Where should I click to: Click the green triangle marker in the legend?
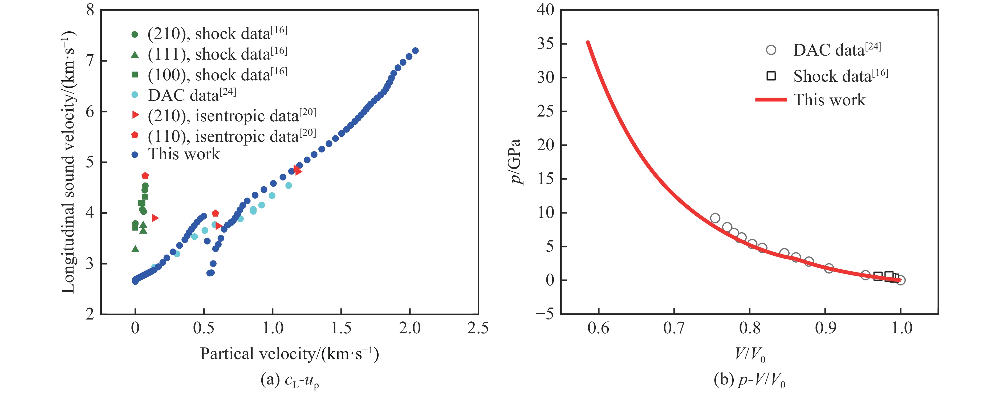[135, 55]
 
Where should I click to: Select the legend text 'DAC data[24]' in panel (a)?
[192, 95]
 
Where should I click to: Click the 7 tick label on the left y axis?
[90, 61]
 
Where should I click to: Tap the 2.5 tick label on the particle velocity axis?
[478, 328]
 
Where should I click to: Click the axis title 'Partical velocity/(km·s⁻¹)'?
[289, 354]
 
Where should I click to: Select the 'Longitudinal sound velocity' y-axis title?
[69, 162]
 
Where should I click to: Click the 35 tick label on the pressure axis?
[546, 43]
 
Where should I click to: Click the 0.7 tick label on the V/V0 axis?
[674, 328]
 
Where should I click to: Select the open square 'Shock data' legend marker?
[771, 76]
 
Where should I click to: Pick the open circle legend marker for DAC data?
[771, 50]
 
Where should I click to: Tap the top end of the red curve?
[587, 42]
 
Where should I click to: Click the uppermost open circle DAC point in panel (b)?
[715, 218]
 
